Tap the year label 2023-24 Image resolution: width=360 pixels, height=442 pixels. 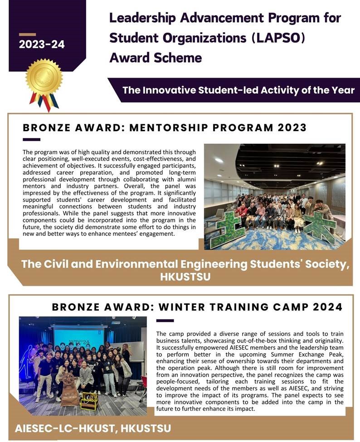click(x=42, y=44)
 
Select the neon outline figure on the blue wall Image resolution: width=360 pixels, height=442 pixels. click(x=28, y=363)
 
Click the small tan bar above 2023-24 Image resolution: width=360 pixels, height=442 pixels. click(x=27, y=34)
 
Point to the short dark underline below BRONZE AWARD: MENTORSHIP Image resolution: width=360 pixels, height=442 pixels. click(x=31, y=139)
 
